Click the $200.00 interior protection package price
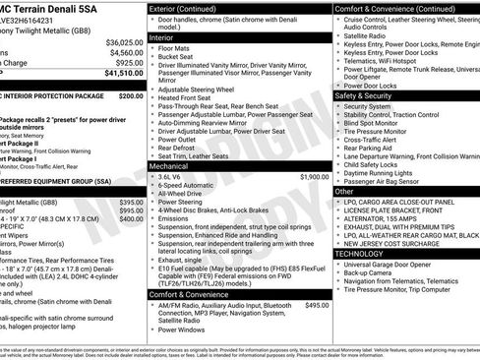pos(130,97)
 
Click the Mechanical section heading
pos(176,166)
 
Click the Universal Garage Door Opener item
pos(388,264)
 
